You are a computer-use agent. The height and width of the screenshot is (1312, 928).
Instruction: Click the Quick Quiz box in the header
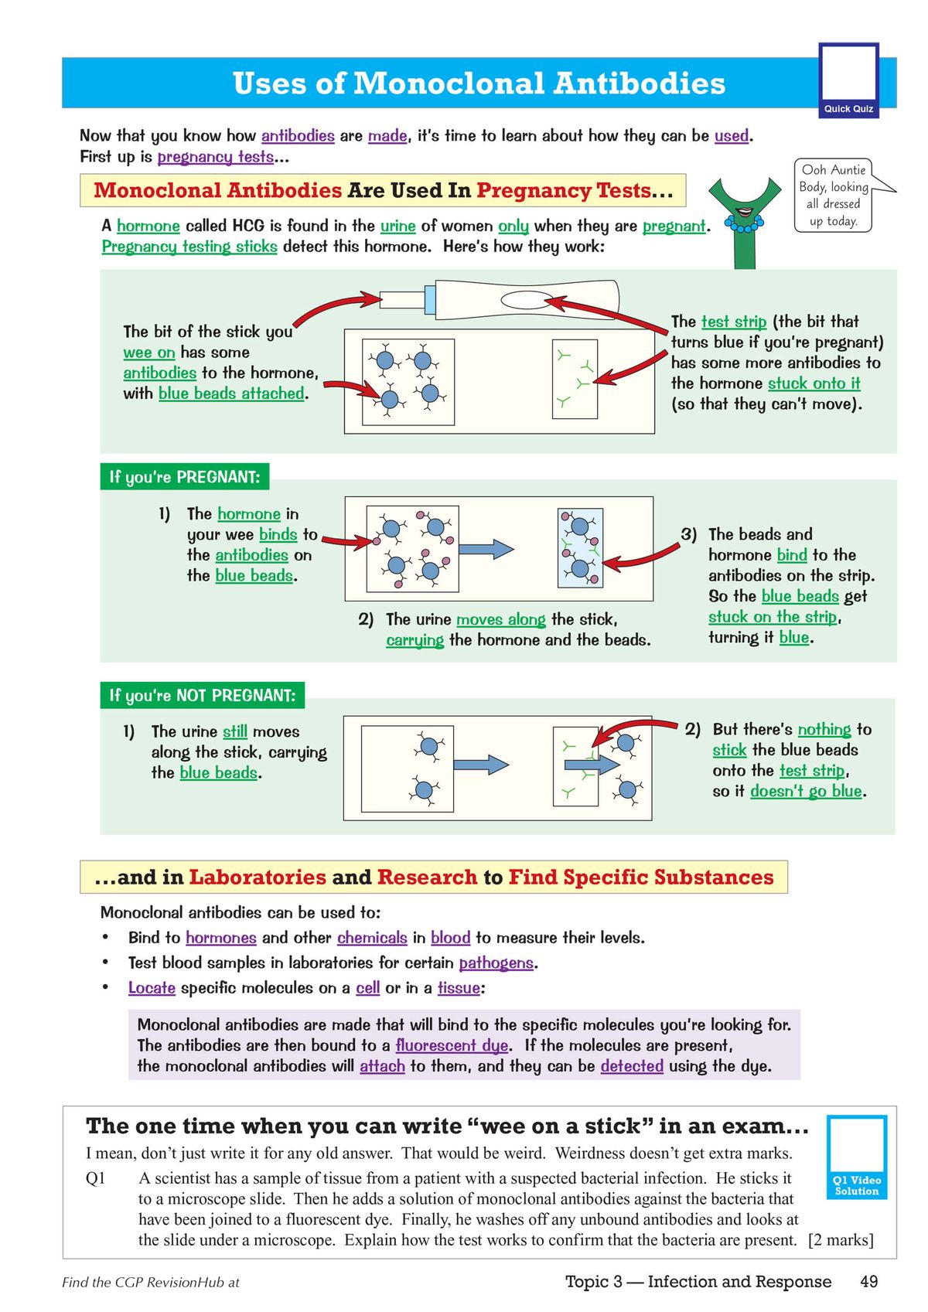[848, 80]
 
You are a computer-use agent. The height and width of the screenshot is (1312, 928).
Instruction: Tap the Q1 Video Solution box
[856, 1157]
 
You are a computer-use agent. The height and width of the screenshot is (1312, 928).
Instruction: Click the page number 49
[868, 1282]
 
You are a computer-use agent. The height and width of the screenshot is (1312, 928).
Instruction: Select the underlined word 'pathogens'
[496, 963]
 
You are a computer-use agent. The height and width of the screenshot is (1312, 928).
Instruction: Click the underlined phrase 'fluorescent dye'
[452, 1045]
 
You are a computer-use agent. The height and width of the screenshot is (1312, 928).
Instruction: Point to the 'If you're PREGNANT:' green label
[184, 477]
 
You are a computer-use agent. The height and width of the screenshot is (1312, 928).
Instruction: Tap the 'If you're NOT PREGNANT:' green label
[202, 695]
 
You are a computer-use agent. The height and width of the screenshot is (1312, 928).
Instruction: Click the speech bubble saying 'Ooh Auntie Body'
[834, 196]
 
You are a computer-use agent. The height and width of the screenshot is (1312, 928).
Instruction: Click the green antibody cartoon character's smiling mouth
[745, 211]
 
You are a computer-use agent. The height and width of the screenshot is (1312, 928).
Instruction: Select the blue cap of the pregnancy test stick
[430, 299]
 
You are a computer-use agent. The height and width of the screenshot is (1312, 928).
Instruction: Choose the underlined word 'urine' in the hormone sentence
[397, 226]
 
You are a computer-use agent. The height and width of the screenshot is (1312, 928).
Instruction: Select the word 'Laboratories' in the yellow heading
[258, 878]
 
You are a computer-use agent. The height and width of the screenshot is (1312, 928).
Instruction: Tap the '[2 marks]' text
[841, 1240]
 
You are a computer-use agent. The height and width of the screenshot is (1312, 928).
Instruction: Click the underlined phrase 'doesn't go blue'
[806, 791]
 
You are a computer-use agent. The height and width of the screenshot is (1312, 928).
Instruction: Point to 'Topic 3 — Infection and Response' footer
[698, 1282]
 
